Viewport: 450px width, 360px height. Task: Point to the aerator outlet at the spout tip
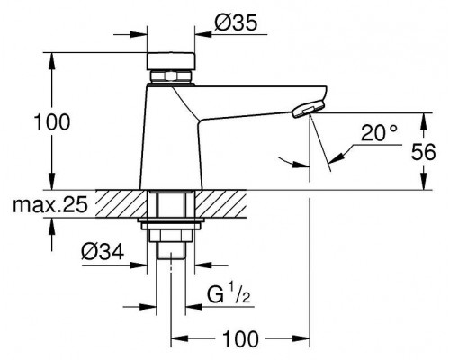pyautogui.click(x=305, y=111)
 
